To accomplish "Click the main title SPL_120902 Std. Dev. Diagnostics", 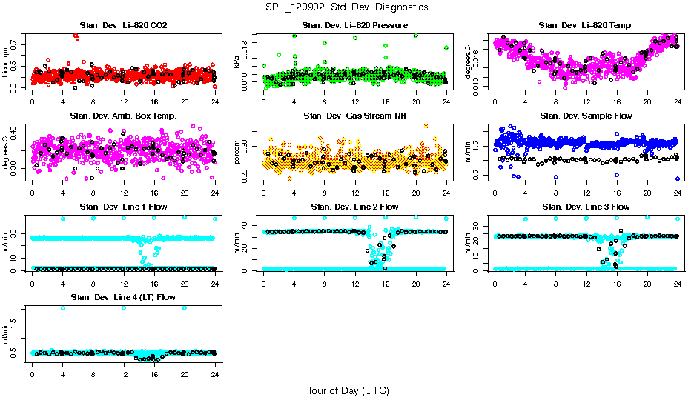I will pyautogui.click(x=346, y=7).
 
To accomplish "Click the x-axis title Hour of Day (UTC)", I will pyautogui.click(x=346, y=390).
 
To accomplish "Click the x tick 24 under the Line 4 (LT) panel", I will pyautogui.click(x=215, y=375).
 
